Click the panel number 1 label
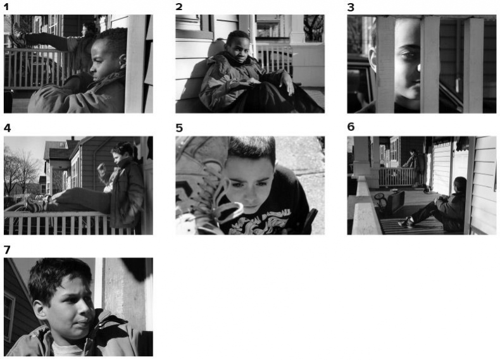click(7, 7)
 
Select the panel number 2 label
click(179, 7)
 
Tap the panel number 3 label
click(351, 8)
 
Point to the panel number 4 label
click(8, 128)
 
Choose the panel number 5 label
click(179, 128)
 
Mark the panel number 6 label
click(351, 127)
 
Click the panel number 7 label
click(7, 250)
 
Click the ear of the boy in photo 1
click(122, 60)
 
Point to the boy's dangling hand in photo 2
click(289, 85)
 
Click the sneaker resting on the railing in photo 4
click(35, 204)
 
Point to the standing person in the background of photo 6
click(414, 166)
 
